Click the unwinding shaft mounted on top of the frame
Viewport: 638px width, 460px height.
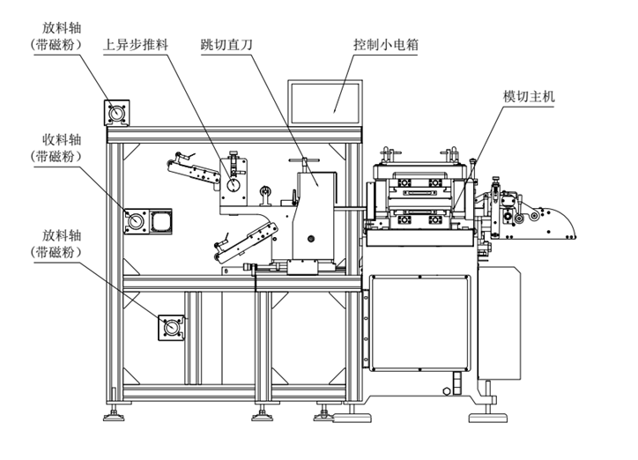[117, 113]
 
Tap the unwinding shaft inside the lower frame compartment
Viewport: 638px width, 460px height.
[170, 328]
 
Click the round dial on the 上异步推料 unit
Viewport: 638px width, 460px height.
[233, 186]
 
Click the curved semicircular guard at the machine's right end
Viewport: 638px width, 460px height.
[560, 221]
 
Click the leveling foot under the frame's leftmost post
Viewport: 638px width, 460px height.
[112, 412]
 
